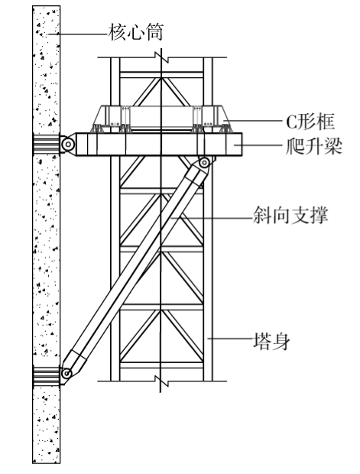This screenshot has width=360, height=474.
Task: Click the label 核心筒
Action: click(x=135, y=32)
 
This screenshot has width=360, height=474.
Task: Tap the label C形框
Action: click(x=310, y=122)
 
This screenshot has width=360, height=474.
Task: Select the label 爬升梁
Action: click(x=313, y=146)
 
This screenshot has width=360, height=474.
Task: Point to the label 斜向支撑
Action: click(x=290, y=216)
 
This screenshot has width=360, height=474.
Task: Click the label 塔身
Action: click(x=271, y=341)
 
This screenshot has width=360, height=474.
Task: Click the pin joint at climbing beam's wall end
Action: click(x=68, y=144)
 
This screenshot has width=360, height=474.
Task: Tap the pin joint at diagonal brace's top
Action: click(x=205, y=163)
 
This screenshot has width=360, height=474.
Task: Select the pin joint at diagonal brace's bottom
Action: click(x=66, y=373)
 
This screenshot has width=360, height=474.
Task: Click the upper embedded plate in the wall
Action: click(x=47, y=144)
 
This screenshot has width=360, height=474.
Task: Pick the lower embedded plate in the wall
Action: click(x=47, y=375)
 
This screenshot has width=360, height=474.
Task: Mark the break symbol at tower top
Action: click(x=162, y=57)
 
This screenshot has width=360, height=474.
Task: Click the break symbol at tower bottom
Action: click(x=162, y=381)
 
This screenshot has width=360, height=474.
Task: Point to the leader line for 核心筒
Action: click(x=78, y=34)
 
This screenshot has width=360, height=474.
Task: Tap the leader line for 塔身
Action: click(x=230, y=339)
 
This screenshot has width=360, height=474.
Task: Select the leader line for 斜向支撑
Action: click(x=212, y=217)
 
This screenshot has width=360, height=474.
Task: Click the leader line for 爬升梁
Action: click(x=260, y=145)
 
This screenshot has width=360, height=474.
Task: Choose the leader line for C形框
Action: click(x=255, y=121)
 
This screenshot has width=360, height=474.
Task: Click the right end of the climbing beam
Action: click(x=242, y=144)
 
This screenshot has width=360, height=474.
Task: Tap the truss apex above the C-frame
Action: click(x=161, y=78)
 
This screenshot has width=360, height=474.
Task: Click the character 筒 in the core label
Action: click(x=154, y=32)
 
